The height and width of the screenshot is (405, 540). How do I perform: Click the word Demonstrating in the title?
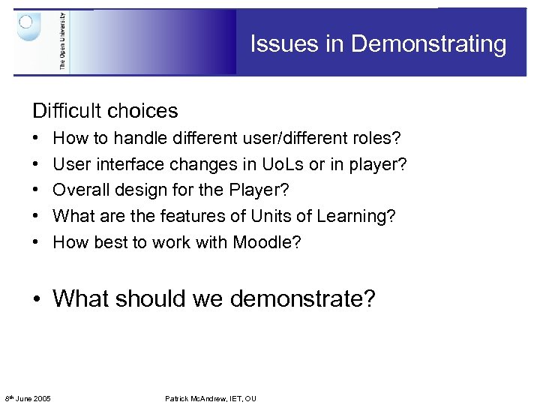point(428,44)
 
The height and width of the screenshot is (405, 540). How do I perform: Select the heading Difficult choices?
point(105,111)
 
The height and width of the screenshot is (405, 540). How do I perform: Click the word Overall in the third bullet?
point(80,190)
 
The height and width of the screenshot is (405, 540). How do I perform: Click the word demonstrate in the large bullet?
point(303,299)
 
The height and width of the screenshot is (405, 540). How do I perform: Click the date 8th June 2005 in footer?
point(28,398)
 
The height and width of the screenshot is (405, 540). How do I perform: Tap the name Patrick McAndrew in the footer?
point(198,398)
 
